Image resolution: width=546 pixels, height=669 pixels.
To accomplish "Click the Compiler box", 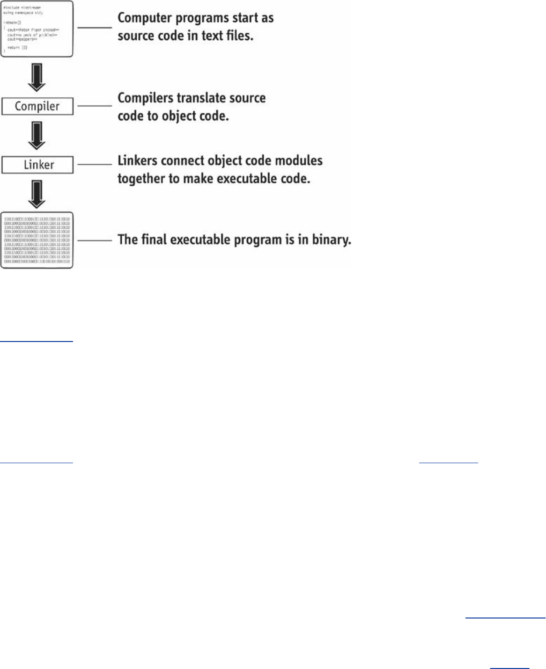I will point(37,106).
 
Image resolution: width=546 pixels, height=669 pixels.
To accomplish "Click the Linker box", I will point(37,165).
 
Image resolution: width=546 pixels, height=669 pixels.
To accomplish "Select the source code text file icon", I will point(37,29).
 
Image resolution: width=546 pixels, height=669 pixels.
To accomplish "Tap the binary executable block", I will point(37,240).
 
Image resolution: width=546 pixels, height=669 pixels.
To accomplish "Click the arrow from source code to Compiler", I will point(37,77).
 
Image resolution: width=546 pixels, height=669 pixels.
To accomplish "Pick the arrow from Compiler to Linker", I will point(37,136).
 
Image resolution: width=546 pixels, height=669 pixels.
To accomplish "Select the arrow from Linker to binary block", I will point(37,194).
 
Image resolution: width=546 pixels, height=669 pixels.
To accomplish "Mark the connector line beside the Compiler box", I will point(95,106).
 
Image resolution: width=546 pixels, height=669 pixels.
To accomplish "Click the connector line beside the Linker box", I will point(95,164).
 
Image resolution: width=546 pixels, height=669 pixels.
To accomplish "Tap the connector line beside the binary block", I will point(95,240).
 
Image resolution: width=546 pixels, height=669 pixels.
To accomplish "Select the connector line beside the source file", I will point(95,28).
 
